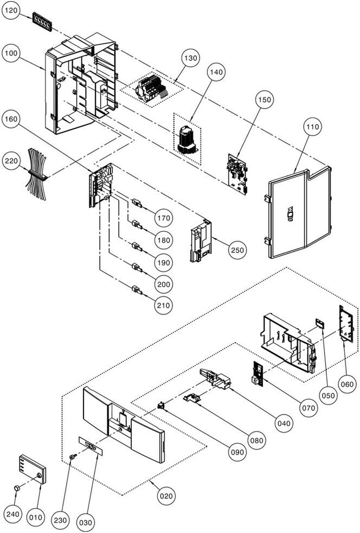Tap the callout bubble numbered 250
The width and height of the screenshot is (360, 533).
click(x=237, y=250)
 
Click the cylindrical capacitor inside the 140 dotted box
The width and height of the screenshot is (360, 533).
click(x=186, y=138)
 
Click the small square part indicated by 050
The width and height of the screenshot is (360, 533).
click(x=319, y=323)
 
